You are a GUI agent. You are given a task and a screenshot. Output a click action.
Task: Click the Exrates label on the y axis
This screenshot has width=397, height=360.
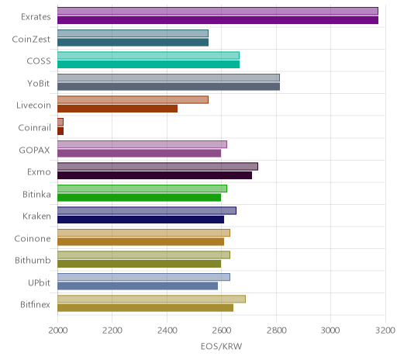[36, 17]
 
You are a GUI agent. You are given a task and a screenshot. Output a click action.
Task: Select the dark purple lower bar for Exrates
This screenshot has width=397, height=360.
[218, 20]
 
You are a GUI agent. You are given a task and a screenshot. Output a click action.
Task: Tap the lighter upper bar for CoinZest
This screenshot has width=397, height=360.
[133, 33]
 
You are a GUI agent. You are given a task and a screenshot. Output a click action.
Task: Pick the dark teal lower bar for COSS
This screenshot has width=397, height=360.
[148, 64]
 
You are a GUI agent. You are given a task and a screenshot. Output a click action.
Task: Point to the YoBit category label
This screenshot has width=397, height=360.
[39, 83]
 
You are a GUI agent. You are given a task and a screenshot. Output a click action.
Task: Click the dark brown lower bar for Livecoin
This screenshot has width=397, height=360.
[117, 109]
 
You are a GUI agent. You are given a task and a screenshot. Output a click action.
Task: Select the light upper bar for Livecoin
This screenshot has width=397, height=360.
[133, 99]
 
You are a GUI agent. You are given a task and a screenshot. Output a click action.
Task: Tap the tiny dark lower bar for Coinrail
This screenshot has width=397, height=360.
[60, 131]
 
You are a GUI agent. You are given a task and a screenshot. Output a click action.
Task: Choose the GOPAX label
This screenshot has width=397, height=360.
[34, 150]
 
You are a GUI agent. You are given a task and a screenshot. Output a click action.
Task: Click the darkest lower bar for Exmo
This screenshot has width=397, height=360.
[154, 175]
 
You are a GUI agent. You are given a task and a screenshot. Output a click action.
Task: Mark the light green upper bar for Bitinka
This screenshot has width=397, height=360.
[142, 189]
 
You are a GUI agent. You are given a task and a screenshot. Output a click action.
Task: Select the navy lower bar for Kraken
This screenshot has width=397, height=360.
[140, 220]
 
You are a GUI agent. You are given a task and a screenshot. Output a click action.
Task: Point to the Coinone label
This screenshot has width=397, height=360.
[33, 238]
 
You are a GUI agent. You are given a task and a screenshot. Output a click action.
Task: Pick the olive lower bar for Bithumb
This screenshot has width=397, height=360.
[139, 264]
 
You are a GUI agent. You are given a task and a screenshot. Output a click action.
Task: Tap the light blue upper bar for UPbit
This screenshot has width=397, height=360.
[143, 277]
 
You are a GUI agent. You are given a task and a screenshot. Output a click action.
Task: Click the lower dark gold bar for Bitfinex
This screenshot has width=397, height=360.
[145, 308]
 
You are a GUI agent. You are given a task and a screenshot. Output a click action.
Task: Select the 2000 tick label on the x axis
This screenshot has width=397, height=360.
[58, 331]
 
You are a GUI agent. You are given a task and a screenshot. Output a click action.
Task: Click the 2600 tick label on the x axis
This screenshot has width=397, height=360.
[221, 331]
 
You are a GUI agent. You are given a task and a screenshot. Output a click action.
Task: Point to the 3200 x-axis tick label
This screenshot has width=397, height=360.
[385, 331]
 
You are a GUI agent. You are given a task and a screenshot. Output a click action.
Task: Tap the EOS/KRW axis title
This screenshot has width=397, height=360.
[221, 346]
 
